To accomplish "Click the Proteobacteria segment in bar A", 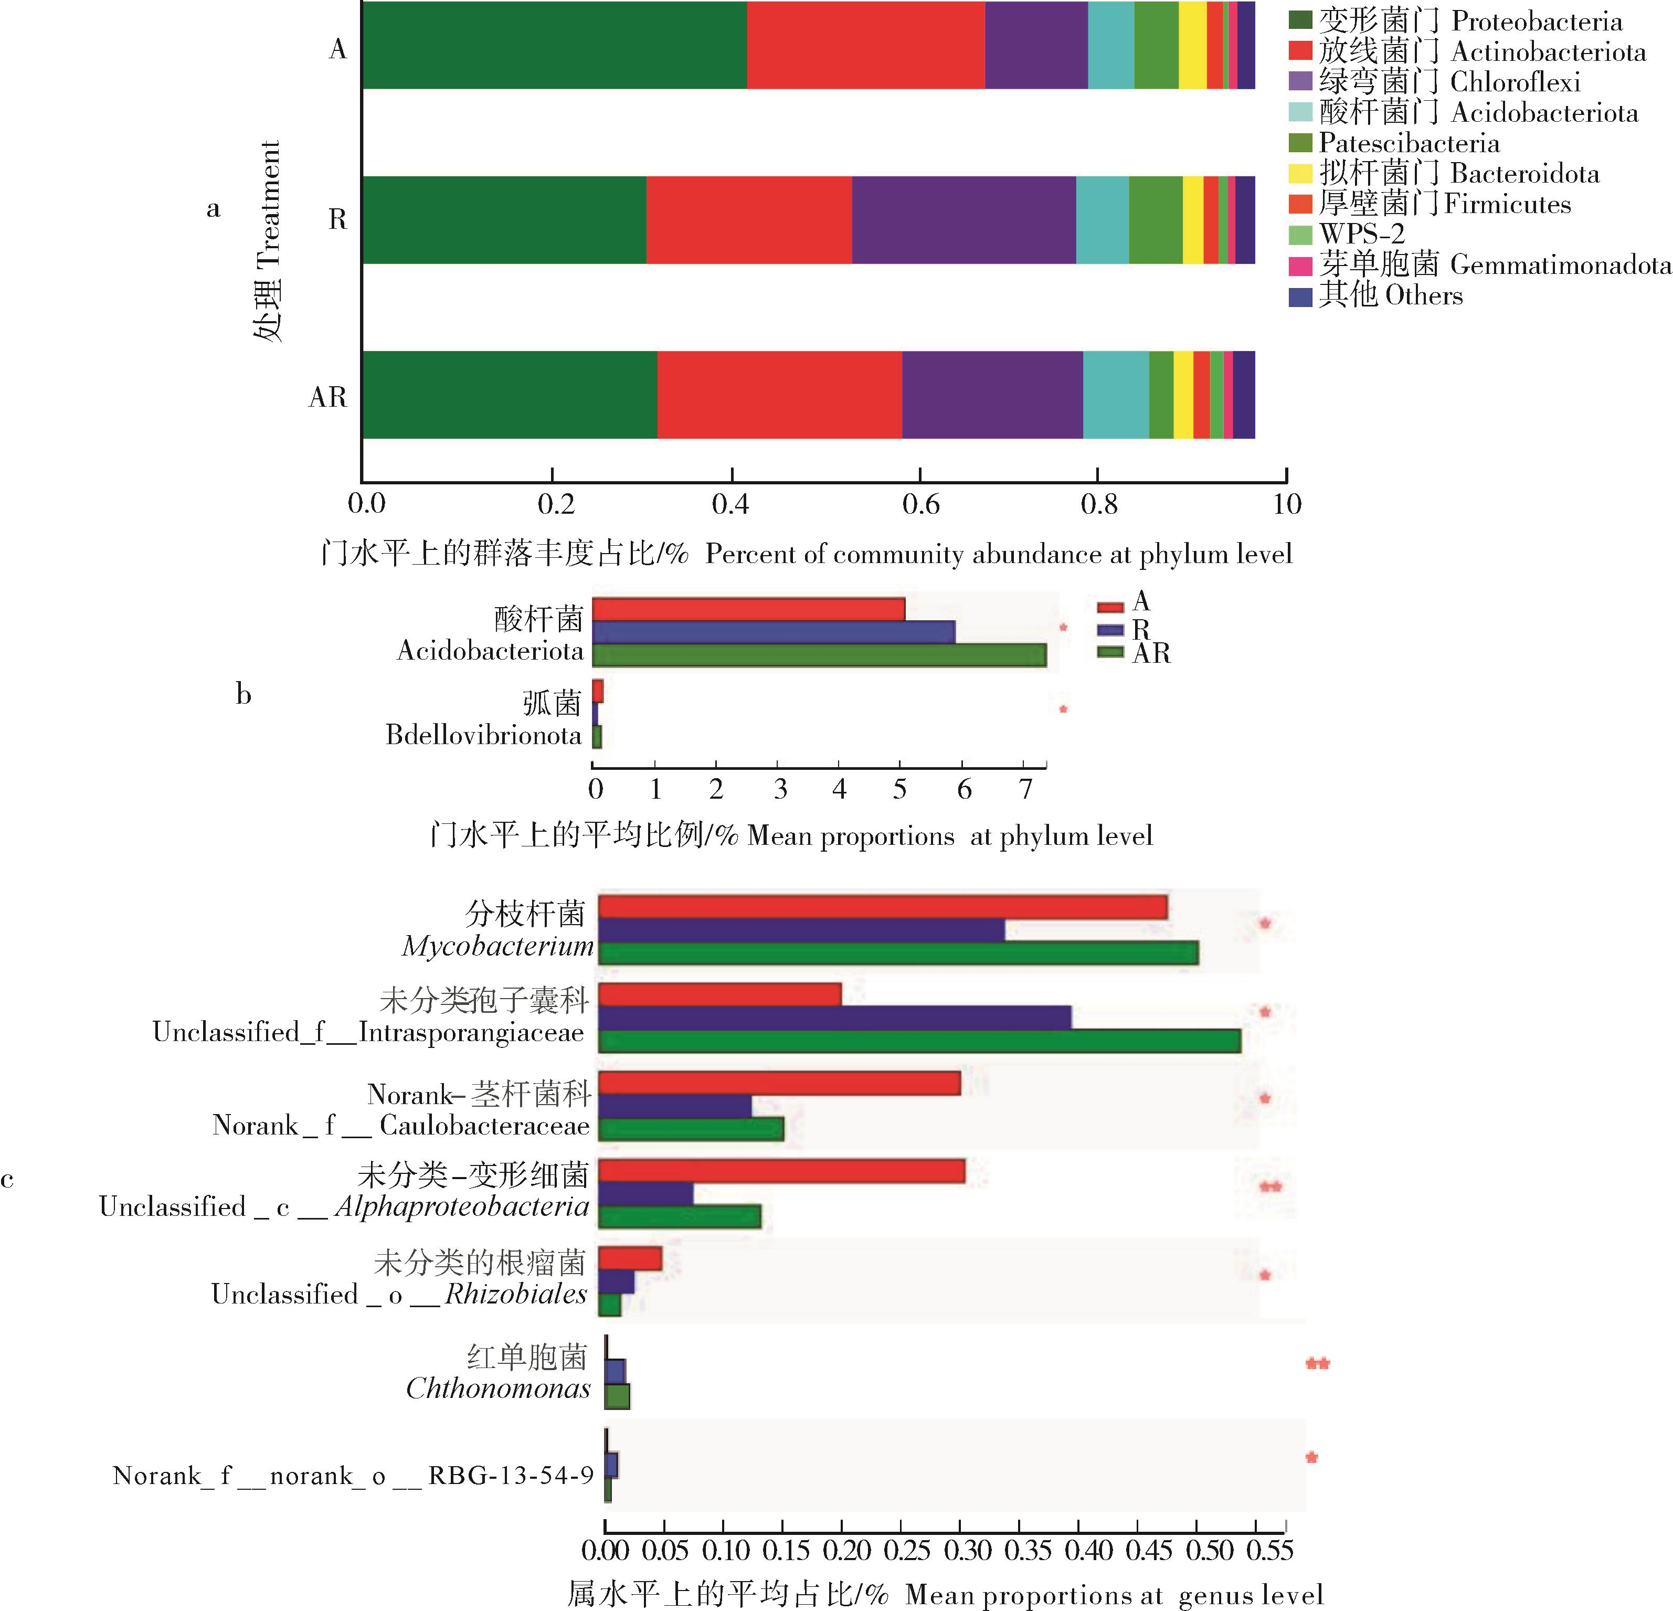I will (554, 45).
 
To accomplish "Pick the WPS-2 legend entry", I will (1361, 234).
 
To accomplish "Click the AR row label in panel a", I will (328, 397).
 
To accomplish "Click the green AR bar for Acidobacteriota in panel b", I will (819, 655).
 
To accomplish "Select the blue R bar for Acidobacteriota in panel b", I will (772, 632).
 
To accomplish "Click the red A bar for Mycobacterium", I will (882, 907).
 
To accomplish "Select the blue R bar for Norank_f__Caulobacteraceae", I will (674, 1106).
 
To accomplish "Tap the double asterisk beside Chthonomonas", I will (1317, 1363).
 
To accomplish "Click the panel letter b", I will (244, 695).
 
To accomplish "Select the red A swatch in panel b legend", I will (1109, 606).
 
